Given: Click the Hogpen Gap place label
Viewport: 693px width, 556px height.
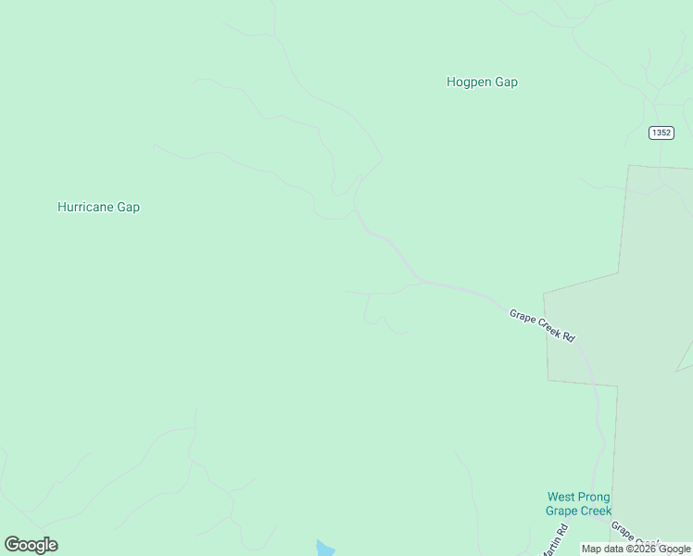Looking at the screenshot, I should [x=482, y=82].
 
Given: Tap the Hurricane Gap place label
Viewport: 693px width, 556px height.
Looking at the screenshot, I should [x=98, y=207].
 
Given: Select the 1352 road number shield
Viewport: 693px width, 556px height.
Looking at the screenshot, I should [x=661, y=133].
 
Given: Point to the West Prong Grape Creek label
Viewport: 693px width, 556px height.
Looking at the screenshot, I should [x=578, y=504].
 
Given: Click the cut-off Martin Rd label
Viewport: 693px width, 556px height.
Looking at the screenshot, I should [x=555, y=541].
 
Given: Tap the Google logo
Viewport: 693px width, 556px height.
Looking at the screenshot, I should [x=31, y=545].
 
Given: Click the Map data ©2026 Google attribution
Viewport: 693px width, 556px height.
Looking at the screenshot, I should [x=636, y=549].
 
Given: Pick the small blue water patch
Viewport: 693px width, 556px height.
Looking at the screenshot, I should [x=322, y=549].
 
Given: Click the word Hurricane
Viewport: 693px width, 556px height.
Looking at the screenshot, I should [x=85, y=207].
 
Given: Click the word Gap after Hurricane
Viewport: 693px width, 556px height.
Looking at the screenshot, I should [x=128, y=207].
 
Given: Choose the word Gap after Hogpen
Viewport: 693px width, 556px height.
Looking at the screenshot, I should [x=506, y=82].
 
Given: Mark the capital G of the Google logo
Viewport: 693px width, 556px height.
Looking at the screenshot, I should [x=12, y=545].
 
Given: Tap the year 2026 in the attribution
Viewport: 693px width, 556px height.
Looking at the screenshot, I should [x=644, y=549].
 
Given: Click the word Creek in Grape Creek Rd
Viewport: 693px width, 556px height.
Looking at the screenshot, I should [x=548, y=328].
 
